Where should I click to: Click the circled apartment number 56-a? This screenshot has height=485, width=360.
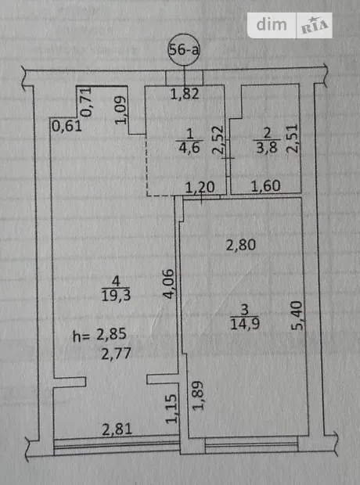(x=184, y=50)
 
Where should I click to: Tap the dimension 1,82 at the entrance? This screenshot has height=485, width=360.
(x=185, y=94)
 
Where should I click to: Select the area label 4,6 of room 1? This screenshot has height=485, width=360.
(x=189, y=148)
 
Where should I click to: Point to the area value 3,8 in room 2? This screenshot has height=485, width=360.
(x=267, y=148)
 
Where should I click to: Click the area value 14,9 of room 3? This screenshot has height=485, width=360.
(x=245, y=324)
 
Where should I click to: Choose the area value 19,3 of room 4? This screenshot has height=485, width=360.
(x=116, y=296)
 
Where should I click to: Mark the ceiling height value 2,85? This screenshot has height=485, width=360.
(x=111, y=334)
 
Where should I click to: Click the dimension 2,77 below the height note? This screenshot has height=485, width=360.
(x=117, y=354)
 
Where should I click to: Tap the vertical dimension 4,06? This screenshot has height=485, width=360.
(x=169, y=284)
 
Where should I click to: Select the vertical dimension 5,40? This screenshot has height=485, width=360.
(x=297, y=315)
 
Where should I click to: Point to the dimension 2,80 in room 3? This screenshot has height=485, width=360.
(x=241, y=246)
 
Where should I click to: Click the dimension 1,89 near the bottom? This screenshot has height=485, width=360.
(x=198, y=396)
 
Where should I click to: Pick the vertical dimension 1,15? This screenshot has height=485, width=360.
(x=171, y=409)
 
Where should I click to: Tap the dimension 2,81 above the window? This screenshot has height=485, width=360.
(x=117, y=429)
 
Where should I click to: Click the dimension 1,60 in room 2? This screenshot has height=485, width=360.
(x=265, y=186)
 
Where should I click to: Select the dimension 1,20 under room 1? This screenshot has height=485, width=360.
(x=200, y=188)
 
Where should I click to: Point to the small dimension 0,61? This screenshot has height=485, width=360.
(x=67, y=126)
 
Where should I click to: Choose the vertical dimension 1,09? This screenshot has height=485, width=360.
(x=121, y=110)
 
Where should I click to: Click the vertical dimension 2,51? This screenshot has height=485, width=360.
(x=293, y=138)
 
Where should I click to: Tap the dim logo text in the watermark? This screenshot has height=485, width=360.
(x=272, y=24)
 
